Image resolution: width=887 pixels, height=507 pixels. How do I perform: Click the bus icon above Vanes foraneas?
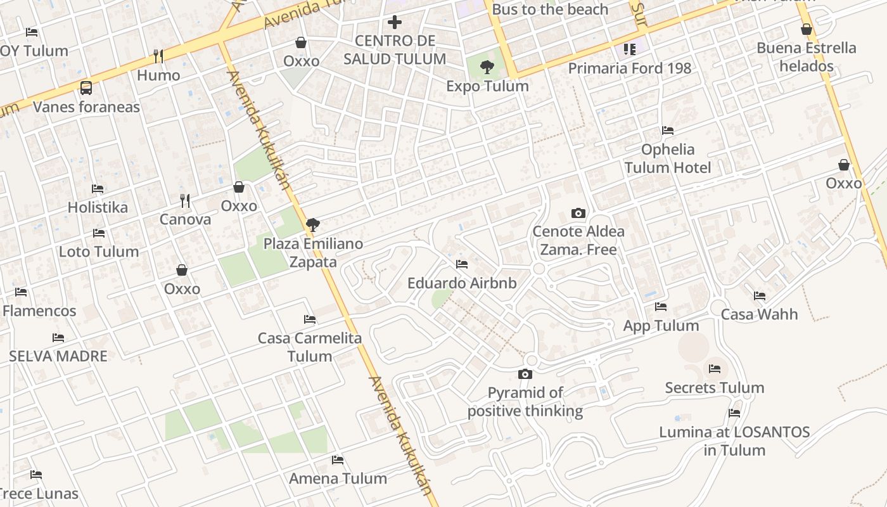pos(86,88)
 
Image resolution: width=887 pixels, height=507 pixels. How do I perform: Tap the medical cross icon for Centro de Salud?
pos(395,22)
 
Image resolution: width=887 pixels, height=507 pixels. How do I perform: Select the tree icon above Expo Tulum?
pos(487,66)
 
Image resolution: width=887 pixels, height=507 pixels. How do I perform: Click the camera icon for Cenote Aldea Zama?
pos(578,213)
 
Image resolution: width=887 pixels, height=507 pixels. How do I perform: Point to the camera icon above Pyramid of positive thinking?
pos(525,374)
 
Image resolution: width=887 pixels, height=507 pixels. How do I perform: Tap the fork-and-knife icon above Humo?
pos(158,56)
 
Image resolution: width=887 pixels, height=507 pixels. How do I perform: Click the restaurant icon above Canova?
pos(185,201)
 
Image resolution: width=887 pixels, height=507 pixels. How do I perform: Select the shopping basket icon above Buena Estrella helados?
pos(806,29)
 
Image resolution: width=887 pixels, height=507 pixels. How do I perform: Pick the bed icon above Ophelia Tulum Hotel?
pos(667,131)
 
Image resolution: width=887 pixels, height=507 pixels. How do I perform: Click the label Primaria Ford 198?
pos(629,68)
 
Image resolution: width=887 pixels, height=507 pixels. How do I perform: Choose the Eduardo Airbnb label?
pos(461,283)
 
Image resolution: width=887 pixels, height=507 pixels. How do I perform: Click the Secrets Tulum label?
pos(714,387)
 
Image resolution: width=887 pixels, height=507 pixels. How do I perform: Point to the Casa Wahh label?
pos(759,314)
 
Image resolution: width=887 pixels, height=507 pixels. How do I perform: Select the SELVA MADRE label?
pos(58,356)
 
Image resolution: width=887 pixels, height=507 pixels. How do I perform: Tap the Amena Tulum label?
pos(338,478)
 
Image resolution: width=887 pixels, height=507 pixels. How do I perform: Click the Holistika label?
pos(98,207)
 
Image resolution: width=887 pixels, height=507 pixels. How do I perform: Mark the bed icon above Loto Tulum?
pos(98,233)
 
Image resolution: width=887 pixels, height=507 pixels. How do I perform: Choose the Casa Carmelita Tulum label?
pos(310,347)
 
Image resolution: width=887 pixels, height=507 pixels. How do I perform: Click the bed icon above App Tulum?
pos(661,307)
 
